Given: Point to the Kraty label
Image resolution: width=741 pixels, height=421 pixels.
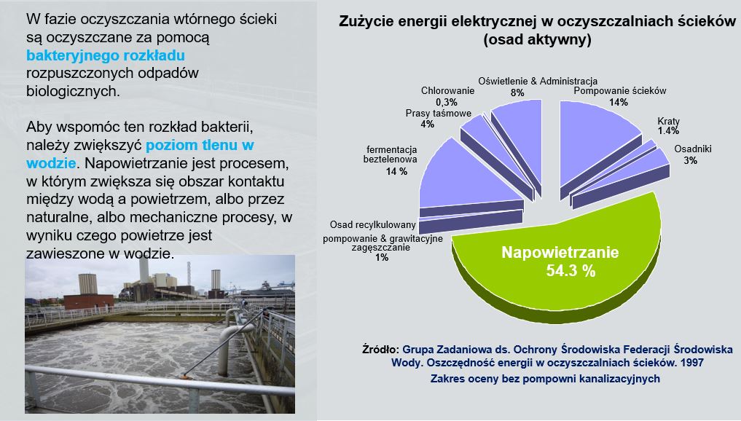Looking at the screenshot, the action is [668, 121].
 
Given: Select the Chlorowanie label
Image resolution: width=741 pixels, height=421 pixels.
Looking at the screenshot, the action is [447, 91].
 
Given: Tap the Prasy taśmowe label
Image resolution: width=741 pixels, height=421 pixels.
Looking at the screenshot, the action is [438, 114].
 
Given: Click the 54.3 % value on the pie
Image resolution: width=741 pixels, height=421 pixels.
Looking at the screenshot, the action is [571, 271].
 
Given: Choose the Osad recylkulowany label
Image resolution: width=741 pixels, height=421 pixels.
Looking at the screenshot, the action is [373, 224].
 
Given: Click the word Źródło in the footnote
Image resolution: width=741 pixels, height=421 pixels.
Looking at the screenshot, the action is [380, 350].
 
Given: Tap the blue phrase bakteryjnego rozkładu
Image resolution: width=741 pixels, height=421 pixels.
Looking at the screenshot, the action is [106, 55].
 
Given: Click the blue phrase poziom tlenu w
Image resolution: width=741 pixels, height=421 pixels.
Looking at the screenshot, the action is [200, 145].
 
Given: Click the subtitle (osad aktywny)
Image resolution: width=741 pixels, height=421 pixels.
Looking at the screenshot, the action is [537, 39].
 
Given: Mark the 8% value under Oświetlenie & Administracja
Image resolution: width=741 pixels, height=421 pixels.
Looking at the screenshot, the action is [517, 93].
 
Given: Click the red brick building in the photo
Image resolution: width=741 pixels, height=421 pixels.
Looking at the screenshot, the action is [89, 302].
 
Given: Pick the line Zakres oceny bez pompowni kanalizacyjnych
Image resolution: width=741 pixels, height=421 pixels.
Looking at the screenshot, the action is [545, 379].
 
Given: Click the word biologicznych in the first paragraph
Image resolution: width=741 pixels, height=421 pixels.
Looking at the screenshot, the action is [73, 91].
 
